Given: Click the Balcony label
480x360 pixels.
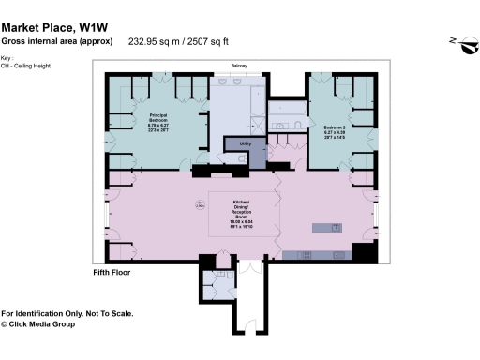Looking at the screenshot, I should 241,66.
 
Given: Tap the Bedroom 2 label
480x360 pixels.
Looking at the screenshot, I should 335,129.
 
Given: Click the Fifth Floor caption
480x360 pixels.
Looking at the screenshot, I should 112,273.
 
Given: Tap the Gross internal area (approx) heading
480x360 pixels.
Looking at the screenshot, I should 56,41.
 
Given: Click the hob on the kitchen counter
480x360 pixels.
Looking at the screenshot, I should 307,256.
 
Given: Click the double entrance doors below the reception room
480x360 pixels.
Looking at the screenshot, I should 247,269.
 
